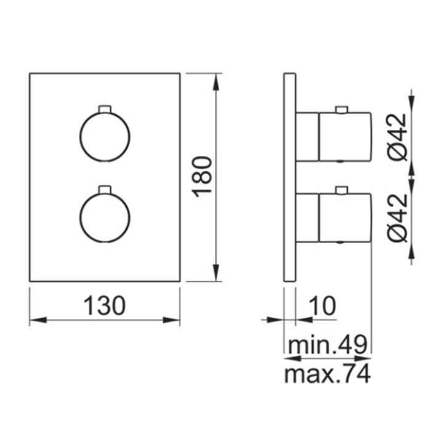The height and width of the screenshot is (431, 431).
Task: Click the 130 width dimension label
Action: point(105,305)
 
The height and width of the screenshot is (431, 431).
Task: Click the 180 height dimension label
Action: point(203,177)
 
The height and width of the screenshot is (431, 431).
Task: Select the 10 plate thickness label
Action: point(322,305)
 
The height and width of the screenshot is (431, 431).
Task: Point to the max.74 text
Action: point(327,374)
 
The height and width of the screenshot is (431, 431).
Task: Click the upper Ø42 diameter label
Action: point(398,137)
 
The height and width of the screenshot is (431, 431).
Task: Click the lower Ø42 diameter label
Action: point(398,217)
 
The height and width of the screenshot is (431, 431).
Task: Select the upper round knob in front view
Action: point(105,136)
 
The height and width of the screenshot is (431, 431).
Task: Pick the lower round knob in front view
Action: point(105,217)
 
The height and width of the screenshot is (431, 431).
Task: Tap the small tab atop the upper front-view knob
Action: point(105,109)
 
